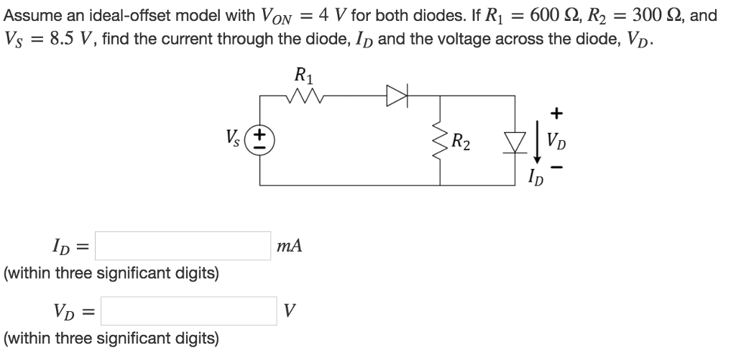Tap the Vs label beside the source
click(235, 137)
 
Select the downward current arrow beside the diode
click(536, 143)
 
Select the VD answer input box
click(188, 311)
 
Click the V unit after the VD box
click(289, 311)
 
